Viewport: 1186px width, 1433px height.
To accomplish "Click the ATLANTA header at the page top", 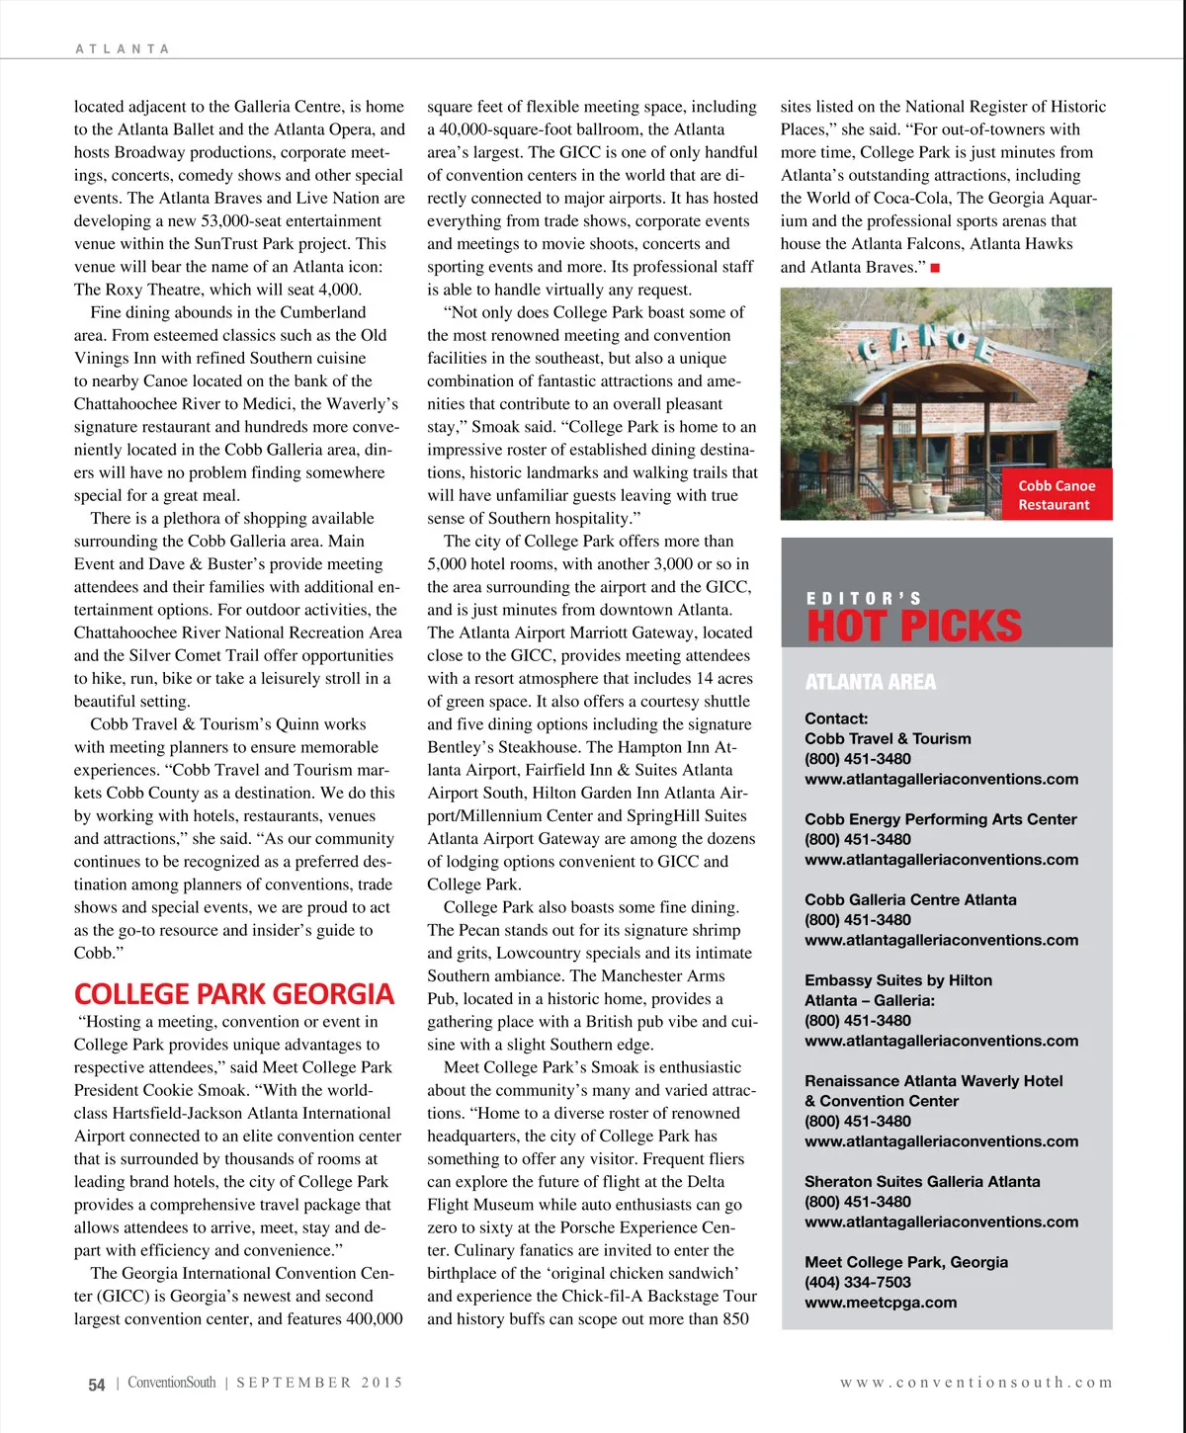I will [123, 48].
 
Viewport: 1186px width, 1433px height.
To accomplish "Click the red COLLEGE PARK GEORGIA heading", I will [233, 994].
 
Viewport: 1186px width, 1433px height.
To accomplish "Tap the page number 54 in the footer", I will [96, 1385].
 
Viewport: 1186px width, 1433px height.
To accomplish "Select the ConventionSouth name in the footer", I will [171, 1383].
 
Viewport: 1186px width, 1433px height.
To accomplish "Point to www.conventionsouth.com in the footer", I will [975, 1383].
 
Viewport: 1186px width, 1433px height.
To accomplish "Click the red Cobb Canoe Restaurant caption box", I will [1056, 495].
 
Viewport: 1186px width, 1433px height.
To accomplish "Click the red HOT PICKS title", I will [914, 627].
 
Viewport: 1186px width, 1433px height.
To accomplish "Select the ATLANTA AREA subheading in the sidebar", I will [870, 682].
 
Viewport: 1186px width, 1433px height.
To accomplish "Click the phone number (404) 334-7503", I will [858, 1282].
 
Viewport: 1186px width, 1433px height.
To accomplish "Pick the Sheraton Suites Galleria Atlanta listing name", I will [922, 1182].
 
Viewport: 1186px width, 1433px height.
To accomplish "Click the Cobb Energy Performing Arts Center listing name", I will [940, 819].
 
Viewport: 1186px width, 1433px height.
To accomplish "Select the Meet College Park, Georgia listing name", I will [906, 1262].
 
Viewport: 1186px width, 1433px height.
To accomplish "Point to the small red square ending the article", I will [935, 268].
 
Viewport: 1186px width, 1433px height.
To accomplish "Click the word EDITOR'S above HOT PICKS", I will [864, 598].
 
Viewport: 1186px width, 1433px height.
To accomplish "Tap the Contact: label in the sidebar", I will [836, 718].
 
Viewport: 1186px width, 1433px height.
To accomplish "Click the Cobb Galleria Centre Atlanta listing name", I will [910, 899].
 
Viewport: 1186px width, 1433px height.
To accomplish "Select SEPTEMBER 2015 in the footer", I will [319, 1383].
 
